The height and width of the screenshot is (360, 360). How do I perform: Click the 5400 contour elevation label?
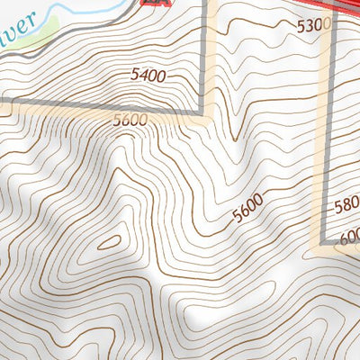[148, 76]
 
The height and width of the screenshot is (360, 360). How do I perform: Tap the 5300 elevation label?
[313, 26]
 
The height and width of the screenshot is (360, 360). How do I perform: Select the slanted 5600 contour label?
[249, 209]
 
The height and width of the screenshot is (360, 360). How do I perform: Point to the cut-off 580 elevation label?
[346, 205]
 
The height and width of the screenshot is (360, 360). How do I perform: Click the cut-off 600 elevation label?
[350, 238]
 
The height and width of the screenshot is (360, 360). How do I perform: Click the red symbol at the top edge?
[157, 3]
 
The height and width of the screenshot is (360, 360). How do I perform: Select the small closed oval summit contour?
[109, 241]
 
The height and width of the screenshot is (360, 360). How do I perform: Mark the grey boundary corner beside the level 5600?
[202, 113]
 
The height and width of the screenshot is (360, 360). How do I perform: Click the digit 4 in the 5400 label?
[144, 76]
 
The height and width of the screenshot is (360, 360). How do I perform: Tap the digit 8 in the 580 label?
[346, 205]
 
